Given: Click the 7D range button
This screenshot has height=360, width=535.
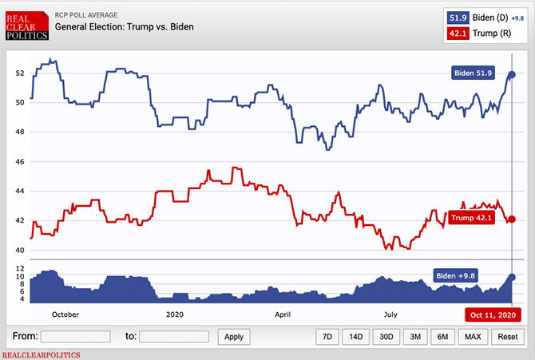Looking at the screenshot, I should [x=327, y=336].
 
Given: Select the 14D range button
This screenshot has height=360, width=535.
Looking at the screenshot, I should [x=356, y=336].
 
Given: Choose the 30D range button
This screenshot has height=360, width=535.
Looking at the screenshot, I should [x=386, y=336].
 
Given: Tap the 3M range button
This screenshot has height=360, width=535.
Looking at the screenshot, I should [x=415, y=336].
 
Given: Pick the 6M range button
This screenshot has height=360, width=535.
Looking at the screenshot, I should [x=442, y=336].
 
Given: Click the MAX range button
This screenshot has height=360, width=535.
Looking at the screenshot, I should [x=473, y=336].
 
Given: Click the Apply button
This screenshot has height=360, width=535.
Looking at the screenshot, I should [x=233, y=336].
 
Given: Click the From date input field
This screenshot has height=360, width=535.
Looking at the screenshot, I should [x=75, y=336].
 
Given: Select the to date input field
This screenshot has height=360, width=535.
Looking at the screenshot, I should [x=174, y=336].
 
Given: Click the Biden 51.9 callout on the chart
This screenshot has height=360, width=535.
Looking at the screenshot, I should [x=473, y=73].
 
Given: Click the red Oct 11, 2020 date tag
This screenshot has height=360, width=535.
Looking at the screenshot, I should [x=493, y=315].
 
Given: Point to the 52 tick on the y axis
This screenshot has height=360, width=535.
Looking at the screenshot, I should [x=21, y=73].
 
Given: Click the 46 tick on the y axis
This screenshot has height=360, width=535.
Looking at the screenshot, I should [x=21, y=162].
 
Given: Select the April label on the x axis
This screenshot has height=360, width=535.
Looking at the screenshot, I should [x=283, y=315].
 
